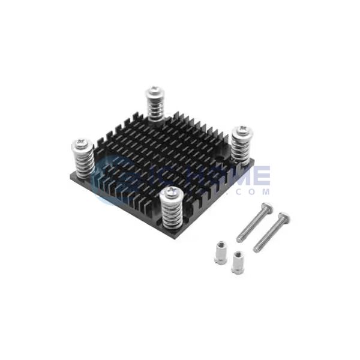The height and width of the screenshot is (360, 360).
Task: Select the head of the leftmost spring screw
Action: coord(80,144)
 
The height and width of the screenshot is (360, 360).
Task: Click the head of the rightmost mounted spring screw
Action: coord(241,131)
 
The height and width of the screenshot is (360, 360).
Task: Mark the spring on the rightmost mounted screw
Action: coord(242,148)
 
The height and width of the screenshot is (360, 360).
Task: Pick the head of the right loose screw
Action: coord(286,216)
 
